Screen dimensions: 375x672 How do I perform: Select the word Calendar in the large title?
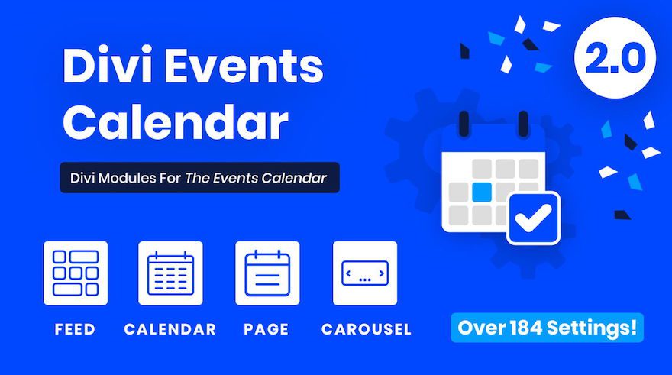tap(175, 121)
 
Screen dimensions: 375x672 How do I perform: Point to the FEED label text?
tap(75, 330)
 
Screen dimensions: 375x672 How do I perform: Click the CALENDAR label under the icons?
tap(170, 330)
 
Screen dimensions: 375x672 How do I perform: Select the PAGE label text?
tap(267, 330)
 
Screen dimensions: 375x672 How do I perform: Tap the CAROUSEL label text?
tap(366, 330)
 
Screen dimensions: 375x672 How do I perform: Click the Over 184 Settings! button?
tap(547, 328)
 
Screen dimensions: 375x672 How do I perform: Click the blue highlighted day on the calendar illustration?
tap(481, 190)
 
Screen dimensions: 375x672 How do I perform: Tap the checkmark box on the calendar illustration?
tap(532, 218)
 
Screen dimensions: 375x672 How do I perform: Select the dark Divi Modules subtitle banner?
tap(199, 178)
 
